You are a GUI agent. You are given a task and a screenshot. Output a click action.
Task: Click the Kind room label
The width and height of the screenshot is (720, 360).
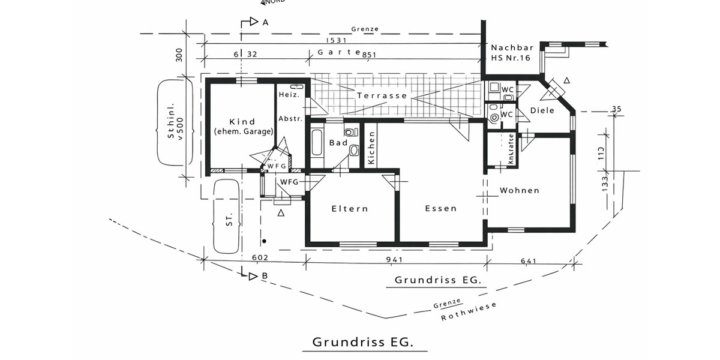242,122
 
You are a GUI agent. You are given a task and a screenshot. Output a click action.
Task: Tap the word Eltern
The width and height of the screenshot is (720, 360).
350,209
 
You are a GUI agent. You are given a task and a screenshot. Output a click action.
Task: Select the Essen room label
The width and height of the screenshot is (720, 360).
440,209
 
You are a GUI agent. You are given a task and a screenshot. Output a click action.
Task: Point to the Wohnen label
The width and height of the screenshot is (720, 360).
520,191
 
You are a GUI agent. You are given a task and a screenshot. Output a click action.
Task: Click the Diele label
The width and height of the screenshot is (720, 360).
542,111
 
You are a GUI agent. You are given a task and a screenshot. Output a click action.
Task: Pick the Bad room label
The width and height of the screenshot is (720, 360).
338,143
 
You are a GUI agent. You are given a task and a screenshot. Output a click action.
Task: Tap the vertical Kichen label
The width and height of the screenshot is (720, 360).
371,149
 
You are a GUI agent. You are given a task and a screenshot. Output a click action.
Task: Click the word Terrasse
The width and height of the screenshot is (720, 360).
382,95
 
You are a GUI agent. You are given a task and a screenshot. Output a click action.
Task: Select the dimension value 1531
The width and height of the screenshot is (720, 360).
338,40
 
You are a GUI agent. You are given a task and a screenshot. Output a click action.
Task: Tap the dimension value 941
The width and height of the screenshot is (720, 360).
394,260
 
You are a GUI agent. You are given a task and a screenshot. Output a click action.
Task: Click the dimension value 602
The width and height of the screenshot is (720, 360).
260,258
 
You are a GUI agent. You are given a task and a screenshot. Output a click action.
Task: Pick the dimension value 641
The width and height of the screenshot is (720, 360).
529,260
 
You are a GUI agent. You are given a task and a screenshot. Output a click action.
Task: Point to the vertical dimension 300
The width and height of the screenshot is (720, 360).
179,56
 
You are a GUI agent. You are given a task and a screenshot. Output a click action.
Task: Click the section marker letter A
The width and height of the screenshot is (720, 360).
265,22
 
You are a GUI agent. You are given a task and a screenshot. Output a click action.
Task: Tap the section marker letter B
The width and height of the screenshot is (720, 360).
265,276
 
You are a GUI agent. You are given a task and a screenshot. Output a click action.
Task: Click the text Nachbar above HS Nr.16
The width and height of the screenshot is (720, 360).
511,47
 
